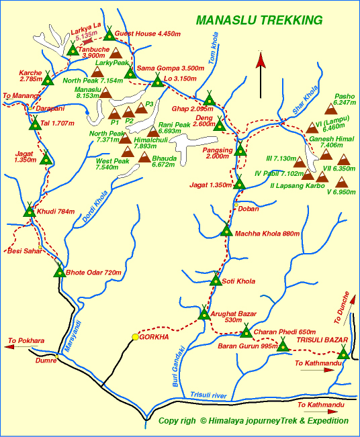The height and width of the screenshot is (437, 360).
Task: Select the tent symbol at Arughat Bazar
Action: point(204,313)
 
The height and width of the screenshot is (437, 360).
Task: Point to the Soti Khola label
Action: point(240,281)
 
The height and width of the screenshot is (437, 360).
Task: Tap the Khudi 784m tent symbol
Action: point(29,211)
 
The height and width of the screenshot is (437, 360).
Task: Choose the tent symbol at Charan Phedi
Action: point(246,331)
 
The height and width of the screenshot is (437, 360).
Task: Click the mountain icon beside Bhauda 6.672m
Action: point(144,158)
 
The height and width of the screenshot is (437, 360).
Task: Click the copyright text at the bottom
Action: point(253,421)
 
